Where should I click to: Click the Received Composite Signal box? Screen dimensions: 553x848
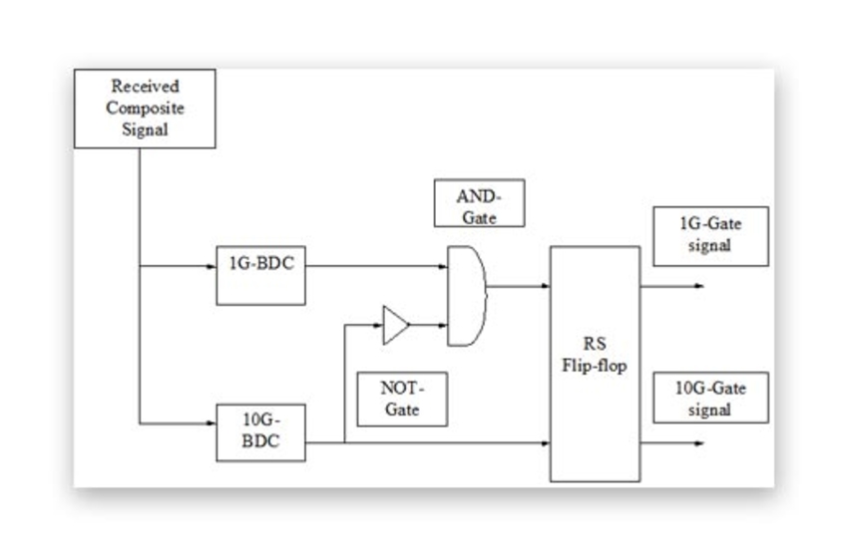coord(145,109)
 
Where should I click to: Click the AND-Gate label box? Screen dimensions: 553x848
coord(479,204)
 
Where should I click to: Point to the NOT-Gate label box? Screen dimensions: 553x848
coord(402,399)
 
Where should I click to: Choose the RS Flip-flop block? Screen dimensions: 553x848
coord(595,364)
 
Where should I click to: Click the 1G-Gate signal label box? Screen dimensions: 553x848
coord(710,236)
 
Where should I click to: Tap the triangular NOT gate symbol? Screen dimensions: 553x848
coord(395,325)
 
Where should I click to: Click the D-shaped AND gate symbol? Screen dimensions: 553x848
coord(466,296)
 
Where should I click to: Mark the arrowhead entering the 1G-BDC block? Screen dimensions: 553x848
coord(211,266)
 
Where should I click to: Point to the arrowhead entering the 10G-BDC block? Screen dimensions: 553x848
coord(211,423)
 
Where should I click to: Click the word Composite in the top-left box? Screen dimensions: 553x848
coord(145,108)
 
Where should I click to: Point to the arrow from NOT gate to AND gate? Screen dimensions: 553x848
coord(427,324)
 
